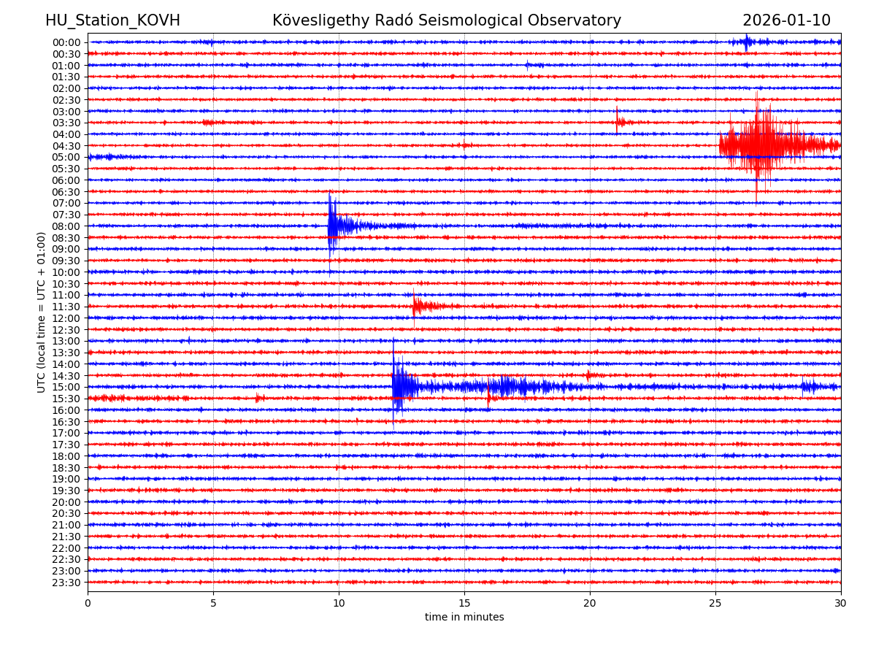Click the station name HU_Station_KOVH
point(112,21)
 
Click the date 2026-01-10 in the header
point(786,21)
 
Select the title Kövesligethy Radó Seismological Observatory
point(447,21)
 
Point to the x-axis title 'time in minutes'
point(464,618)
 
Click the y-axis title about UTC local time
point(42,312)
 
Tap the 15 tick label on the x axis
point(464,604)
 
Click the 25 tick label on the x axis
point(715,604)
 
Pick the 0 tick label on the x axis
point(88,604)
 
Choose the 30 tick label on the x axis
point(841,604)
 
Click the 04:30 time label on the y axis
point(66,146)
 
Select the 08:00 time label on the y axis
point(66,226)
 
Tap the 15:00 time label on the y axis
point(66,387)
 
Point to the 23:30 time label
point(66,583)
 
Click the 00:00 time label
point(66,42)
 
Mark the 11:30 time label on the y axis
point(66,307)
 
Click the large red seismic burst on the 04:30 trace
point(759,145)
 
